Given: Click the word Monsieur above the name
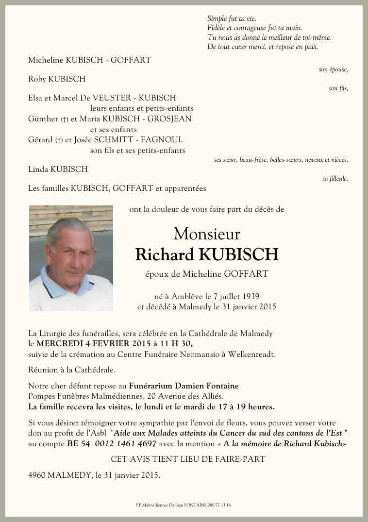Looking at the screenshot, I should pos(207,234).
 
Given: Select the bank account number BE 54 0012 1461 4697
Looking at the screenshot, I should pos(112,444).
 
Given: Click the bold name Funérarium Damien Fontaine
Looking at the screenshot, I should pos(184,386).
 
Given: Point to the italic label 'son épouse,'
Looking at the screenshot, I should pos(333,69).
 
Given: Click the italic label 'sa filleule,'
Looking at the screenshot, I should pos(335,179).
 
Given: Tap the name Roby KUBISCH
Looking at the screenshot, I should pos(57,79).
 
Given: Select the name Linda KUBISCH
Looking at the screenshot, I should pos(58,169).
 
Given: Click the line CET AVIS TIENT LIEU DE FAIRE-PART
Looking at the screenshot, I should pos(188,459).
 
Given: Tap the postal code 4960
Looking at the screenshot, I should pos(37,475).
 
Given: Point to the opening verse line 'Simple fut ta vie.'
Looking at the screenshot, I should pos(232,18).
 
